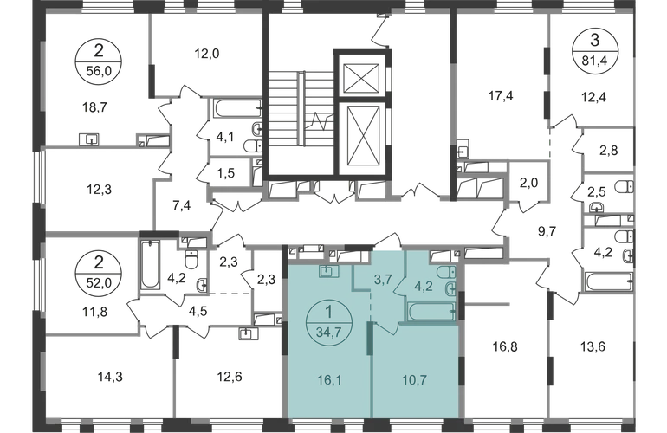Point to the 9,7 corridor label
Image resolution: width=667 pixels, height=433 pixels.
point(545,232)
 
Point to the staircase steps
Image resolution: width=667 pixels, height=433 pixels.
point(286,113)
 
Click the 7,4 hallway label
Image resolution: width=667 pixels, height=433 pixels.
point(183,207)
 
